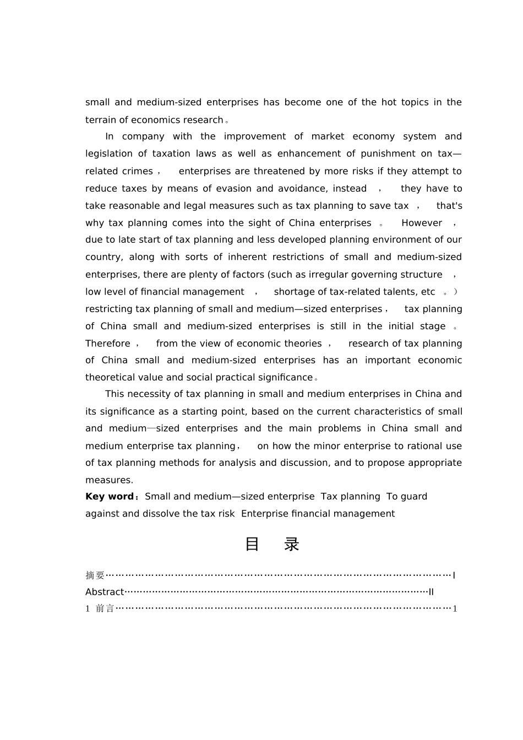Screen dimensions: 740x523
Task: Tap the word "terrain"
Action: [x=100, y=120]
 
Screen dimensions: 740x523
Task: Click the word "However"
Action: [x=422, y=223]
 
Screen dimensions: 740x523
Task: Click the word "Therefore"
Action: [x=108, y=344]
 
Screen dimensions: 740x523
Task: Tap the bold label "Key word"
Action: [x=110, y=497]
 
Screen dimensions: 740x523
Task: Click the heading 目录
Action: [x=272, y=545]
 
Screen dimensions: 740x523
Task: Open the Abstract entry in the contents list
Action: [x=105, y=592]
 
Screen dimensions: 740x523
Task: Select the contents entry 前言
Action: [x=105, y=608]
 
